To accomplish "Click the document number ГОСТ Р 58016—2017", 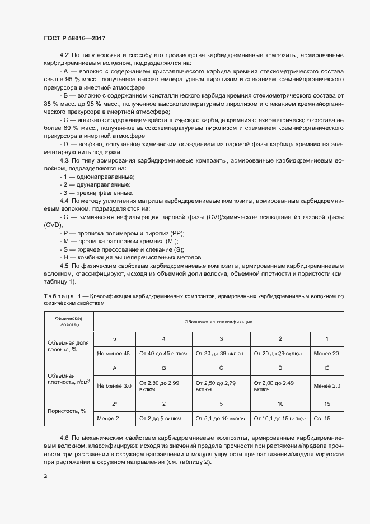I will point(74,38).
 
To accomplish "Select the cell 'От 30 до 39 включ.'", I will point(221,353).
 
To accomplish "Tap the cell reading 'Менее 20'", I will point(326,353).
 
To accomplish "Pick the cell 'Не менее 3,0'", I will point(114,386).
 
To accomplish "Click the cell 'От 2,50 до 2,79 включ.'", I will point(221,386).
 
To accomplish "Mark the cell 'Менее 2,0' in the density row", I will point(326,386).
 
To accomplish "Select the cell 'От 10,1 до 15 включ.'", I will point(279,418).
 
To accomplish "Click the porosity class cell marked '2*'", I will point(114,404).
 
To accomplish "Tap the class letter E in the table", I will point(326,368).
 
